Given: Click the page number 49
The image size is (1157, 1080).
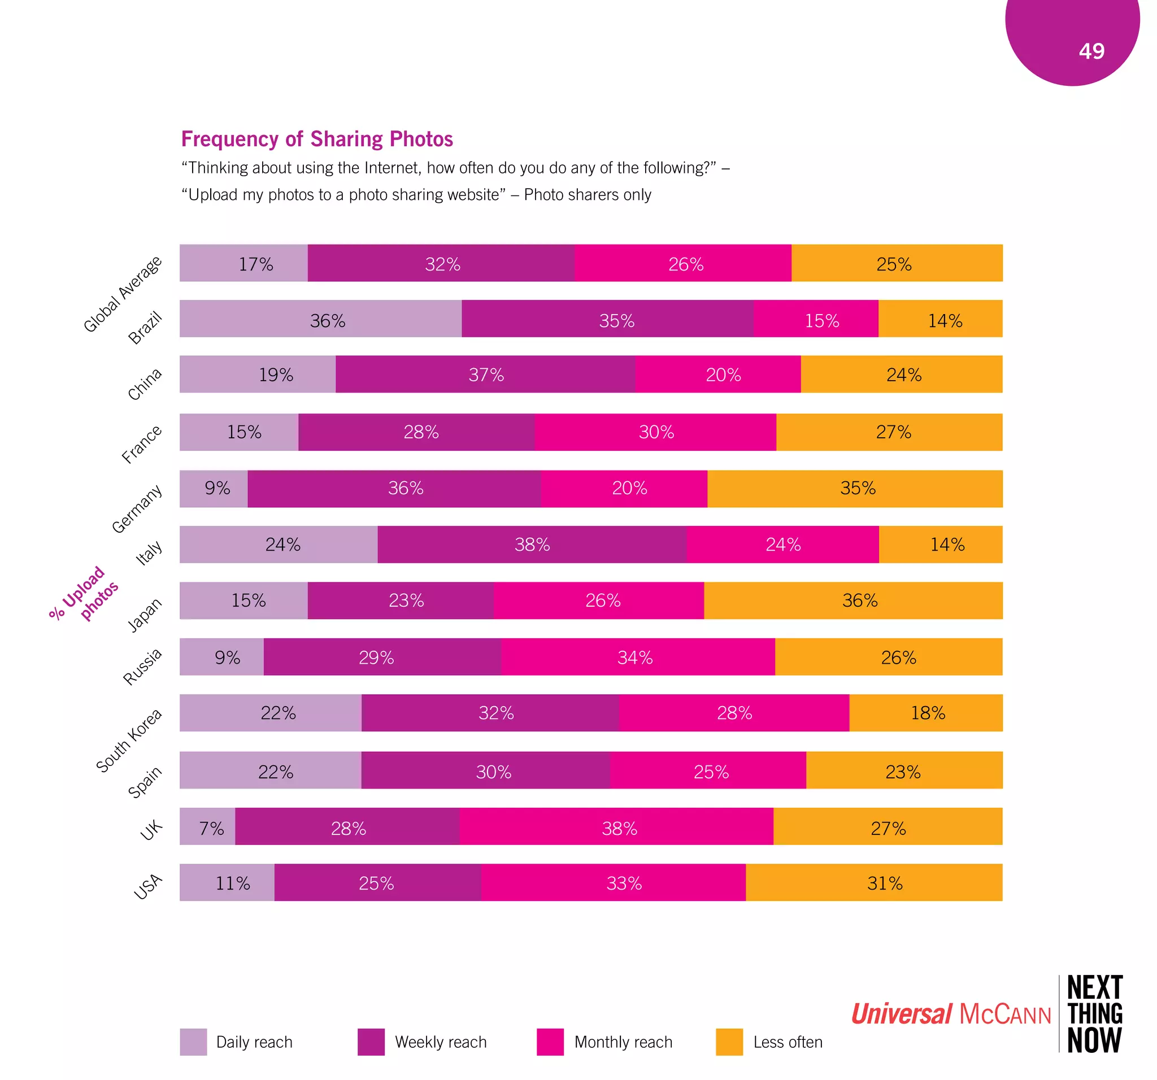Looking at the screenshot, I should pyautogui.click(x=1091, y=51).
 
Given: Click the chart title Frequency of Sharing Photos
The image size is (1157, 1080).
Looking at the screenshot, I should pyautogui.click(x=316, y=139).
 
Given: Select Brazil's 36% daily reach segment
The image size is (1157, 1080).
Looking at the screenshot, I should pyautogui.click(x=320, y=319).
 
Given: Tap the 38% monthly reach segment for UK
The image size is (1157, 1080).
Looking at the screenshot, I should pyautogui.click(x=616, y=826).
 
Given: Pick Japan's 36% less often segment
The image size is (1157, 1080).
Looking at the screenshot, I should pyautogui.click(x=853, y=600).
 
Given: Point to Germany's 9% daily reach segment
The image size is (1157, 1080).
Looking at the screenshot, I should pyautogui.click(x=214, y=489).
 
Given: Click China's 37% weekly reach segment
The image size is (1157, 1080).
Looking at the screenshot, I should pyautogui.click(x=485, y=374).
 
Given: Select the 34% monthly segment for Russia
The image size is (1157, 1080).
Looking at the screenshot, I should pyautogui.click(x=638, y=657).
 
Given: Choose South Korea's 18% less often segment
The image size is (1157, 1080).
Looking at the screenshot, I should pyautogui.click(x=926, y=713).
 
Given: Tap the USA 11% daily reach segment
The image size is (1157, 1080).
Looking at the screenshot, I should pyautogui.click(x=227, y=883).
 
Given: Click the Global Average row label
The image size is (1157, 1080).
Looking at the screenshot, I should pyautogui.click(x=122, y=294).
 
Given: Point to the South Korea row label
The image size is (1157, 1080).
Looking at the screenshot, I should pyautogui.click(x=129, y=740).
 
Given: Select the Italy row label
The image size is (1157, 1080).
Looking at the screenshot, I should pyautogui.click(x=149, y=553).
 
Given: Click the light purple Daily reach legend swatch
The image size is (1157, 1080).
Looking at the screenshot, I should pyautogui.click(x=193, y=1042).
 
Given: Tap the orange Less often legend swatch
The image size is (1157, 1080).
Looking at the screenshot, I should pyautogui.click(x=729, y=1042).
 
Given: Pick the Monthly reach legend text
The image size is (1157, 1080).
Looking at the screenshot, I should pyautogui.click(x=623, y=1042).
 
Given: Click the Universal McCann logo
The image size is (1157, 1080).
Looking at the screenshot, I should pyautogui.click(x=951, y=1014).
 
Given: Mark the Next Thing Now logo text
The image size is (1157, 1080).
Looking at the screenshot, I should pyautogui.click(x=1095, y=1014).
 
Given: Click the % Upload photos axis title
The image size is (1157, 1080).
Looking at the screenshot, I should pyautogui.click(x=84, y=594).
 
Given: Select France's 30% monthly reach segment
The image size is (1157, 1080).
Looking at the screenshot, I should pyautogui.click(x=655, y=432).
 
